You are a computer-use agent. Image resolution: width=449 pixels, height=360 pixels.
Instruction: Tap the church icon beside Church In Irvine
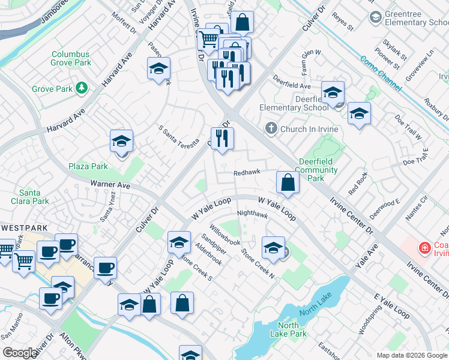click(x=271, y=128)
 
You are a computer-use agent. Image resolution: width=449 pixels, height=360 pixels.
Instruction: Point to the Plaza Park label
click(x=88, y=166)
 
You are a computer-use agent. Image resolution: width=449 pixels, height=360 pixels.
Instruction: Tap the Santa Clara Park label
click(x=34, y=197)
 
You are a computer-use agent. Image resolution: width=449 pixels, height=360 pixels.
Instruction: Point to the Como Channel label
click(x=381, y=73)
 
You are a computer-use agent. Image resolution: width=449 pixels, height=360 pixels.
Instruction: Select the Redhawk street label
click(x=246, y=173)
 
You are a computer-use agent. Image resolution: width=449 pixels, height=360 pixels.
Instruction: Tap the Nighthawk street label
click(x=252, y=214)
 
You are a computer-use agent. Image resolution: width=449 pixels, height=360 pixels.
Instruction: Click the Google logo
click(x=20, y=353)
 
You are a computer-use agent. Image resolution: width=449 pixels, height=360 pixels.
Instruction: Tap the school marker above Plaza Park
click(x=121, y=142)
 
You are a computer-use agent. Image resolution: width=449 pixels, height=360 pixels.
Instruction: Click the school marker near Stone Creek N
click(x=273, y=248)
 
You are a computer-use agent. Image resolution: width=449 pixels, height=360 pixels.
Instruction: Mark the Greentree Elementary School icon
click(x=376, y=17)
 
